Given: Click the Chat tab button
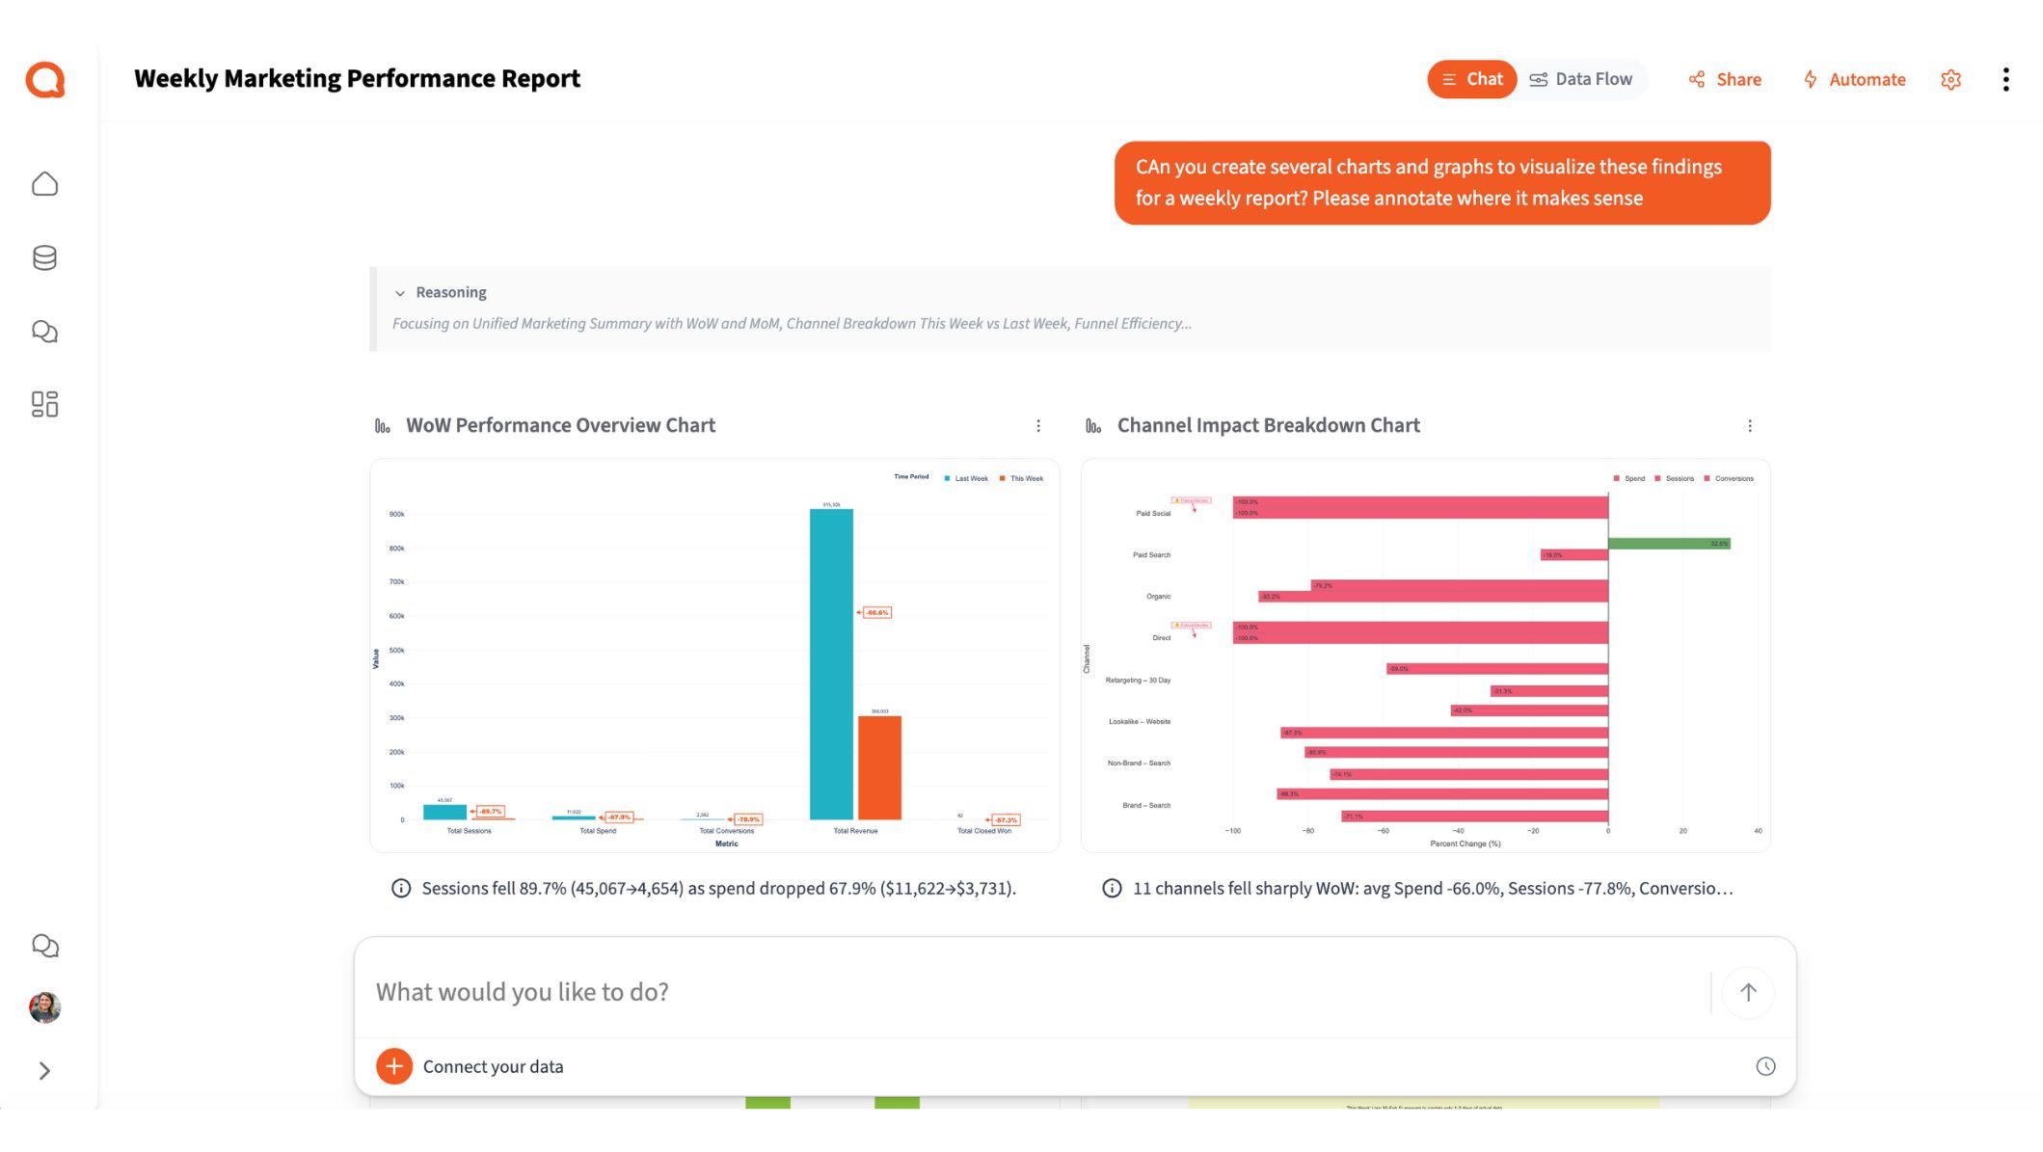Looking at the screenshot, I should pyautogui.click(x=1471, y=79).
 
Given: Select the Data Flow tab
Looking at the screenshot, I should pyautogui.click(x=1581, y=79).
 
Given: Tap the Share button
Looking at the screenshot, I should pyautogui.click(x=1725, y=79).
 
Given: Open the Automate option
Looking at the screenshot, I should pyautogui.click(x=1854, y=79).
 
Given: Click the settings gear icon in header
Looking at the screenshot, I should pyautogui.click(x=1950, y=79).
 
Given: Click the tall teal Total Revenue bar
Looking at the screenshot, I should pyautogui.click(x=830, y=665).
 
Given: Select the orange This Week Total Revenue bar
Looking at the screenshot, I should pyautogui.click(x=879, y=767).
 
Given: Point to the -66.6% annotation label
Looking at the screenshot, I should pyautogui.click(x=876, y=612).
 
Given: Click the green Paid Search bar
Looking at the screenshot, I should pyautogui.click(x=1668, y=544).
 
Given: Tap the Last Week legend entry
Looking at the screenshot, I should pyautogui.click(x=967, y=478).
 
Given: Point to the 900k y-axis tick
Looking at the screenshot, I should pyautogui.click(x=396, y=514).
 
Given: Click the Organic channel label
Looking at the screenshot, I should pyautogui.click(x=1158, y=597).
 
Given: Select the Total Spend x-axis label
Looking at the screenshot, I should pyautogui.click(x=598, y=831).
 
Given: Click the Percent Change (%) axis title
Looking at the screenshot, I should pyautogui.click(x=1465, y=844).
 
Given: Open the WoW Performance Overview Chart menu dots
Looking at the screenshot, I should pyautogui.click(x=1038, y=425).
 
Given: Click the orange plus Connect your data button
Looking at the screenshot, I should pyautogui.click(x=394, y=1066).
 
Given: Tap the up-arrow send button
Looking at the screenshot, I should pyautogui.click(x=1747, y=992).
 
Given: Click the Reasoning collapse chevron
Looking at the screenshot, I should pyautogui.click(x=400, y=293).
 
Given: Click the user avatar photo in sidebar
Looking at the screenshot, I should pyautogui.click(x=44, y=1007).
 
